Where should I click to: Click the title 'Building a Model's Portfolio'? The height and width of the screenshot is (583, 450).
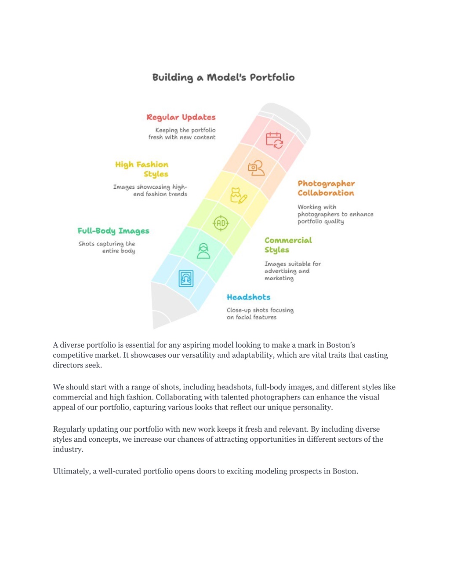point(223,77)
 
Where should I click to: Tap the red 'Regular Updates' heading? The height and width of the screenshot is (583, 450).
point(181,117)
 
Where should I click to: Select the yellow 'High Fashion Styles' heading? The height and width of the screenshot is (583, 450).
point(142,169)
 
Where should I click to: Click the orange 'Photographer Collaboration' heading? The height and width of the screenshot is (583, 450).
point(326,188)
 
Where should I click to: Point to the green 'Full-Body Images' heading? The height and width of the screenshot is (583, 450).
point(113,231)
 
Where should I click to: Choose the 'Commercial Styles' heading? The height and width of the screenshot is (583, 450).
point(288,245)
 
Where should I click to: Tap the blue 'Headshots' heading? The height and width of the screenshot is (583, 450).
point(249,297)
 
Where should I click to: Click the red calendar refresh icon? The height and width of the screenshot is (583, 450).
point(275,140)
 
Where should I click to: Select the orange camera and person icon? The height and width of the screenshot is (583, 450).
point(256,168)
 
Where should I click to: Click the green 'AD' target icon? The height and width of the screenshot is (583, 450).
point(221,223)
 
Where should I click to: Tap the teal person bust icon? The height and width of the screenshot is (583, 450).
point(203,251)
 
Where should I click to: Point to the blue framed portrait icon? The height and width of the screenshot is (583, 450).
point(186,279)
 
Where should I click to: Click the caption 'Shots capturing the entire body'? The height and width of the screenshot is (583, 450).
point(107,247)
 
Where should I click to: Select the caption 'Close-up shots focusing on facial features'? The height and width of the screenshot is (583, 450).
point(260,314)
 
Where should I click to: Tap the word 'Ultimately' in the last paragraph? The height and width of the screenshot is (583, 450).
point(72,471)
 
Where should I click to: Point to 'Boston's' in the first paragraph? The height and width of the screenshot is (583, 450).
point(341,345)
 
